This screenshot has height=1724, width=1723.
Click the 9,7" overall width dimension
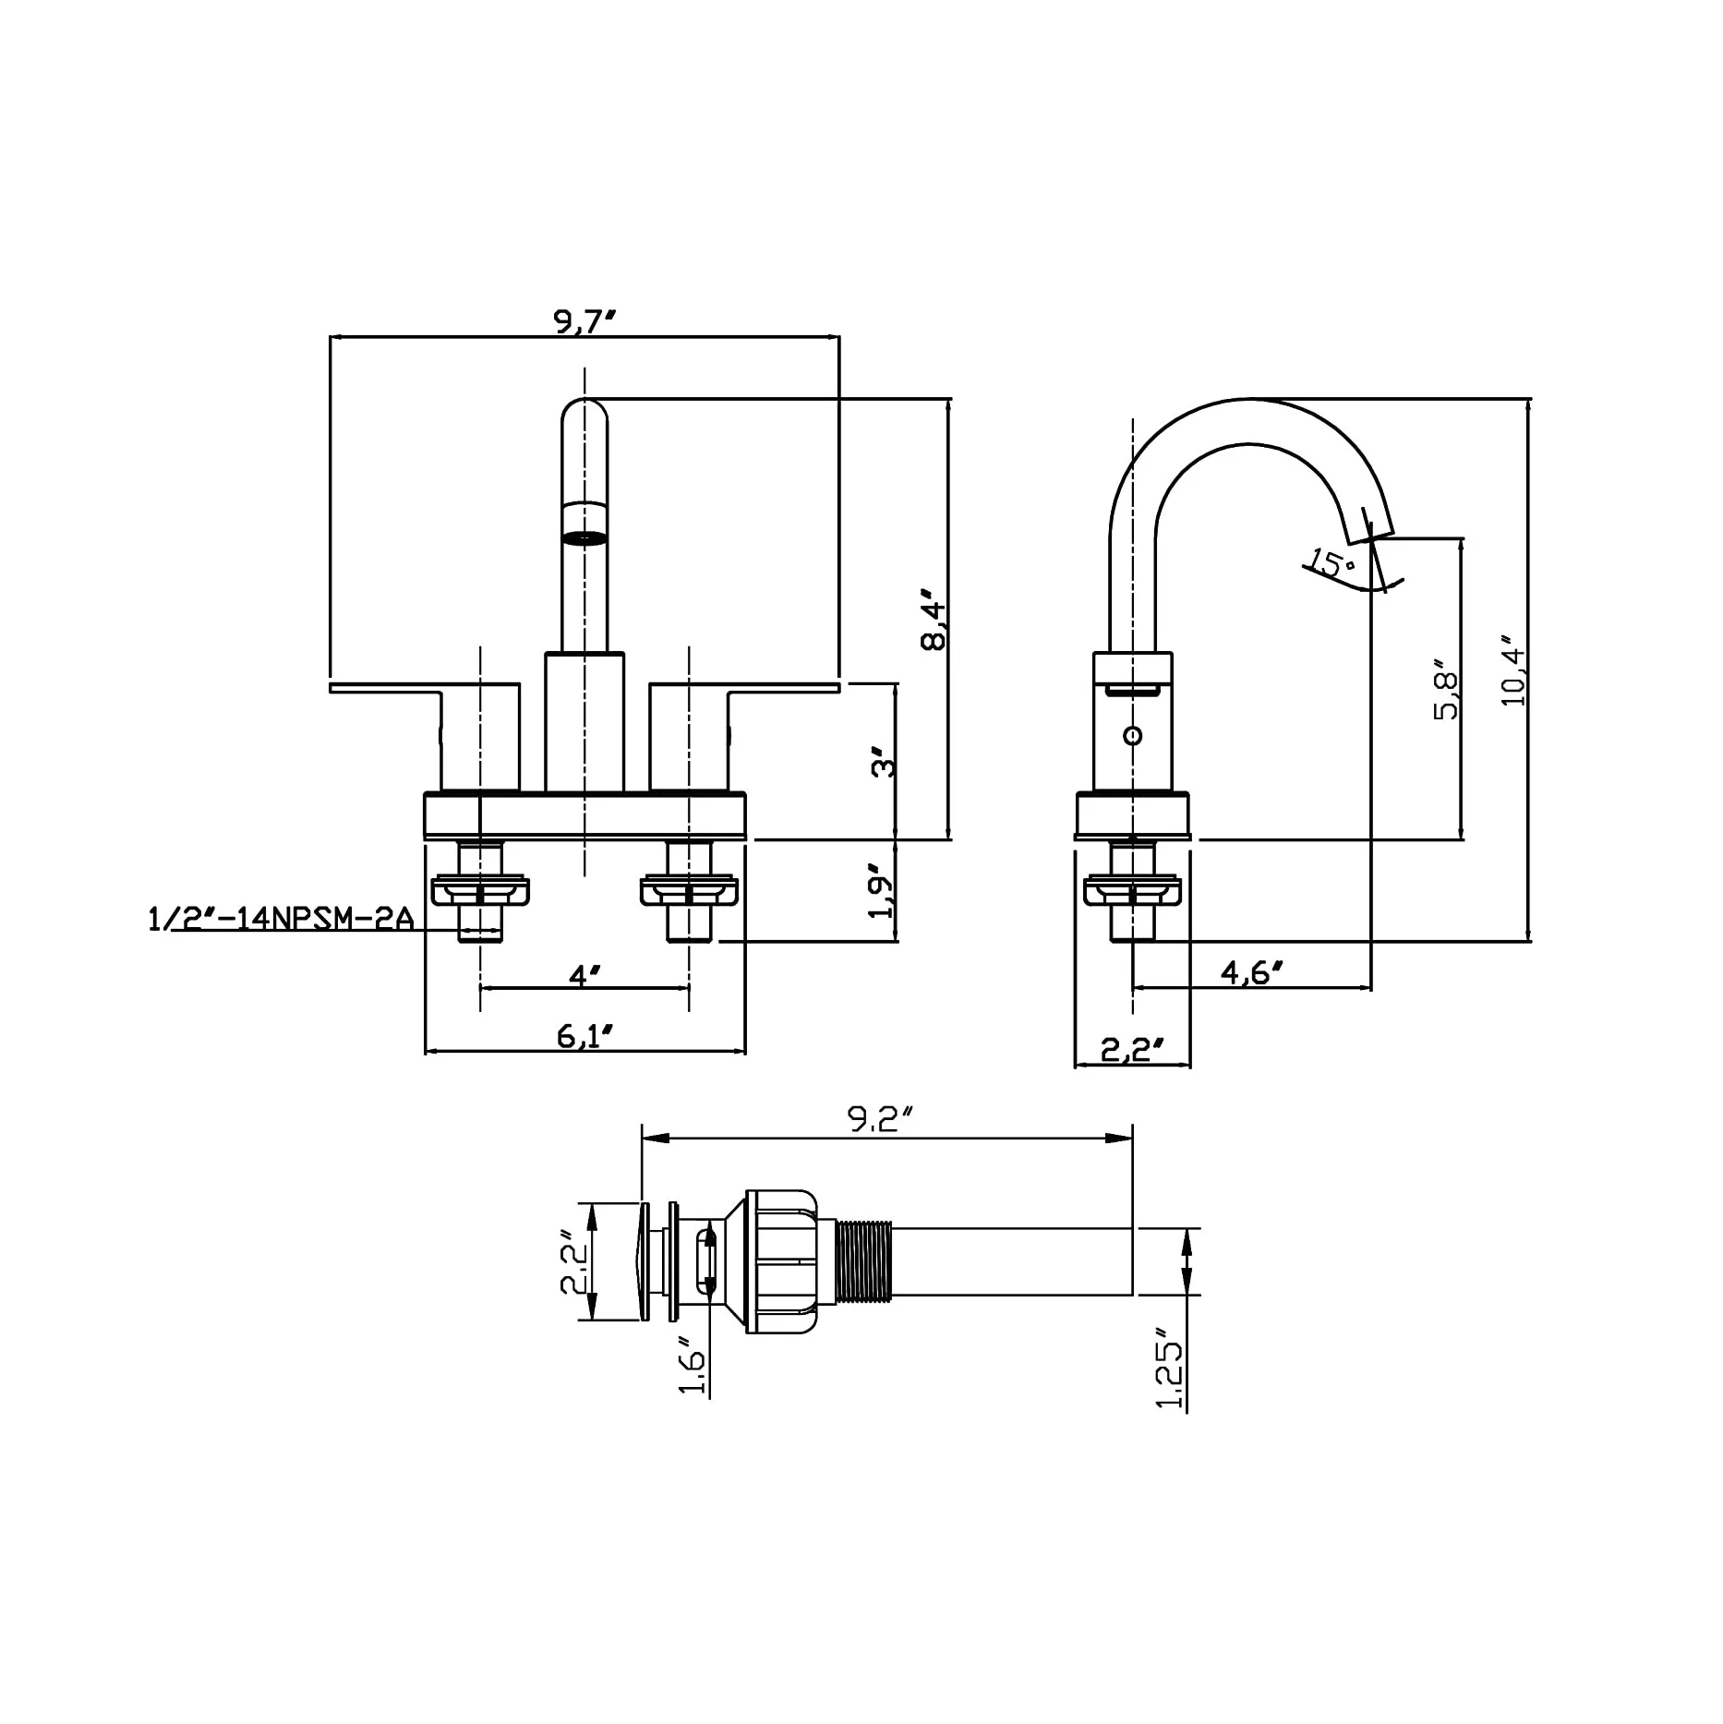(x=584, y=322)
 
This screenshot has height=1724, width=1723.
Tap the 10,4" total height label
(x=1513, y=670)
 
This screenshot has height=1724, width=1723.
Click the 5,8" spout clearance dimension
(x=1446, y=689)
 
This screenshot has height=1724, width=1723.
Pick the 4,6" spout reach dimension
(x=1252, y=972)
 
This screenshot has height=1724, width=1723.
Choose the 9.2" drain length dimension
(x=879, y=1119)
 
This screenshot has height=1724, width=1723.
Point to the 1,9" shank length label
(x=883, y=891)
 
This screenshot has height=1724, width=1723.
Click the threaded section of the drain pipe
(x=864, y=1261)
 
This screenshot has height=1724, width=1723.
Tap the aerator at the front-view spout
(x=584, y=537)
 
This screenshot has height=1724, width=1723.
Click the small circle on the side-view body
(x=1133, y=735)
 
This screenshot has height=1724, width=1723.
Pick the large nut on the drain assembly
(x=783, y=1261)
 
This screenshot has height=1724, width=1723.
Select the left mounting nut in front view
(x=481, y=890)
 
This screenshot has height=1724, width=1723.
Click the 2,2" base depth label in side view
(x=1132, y=1050)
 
